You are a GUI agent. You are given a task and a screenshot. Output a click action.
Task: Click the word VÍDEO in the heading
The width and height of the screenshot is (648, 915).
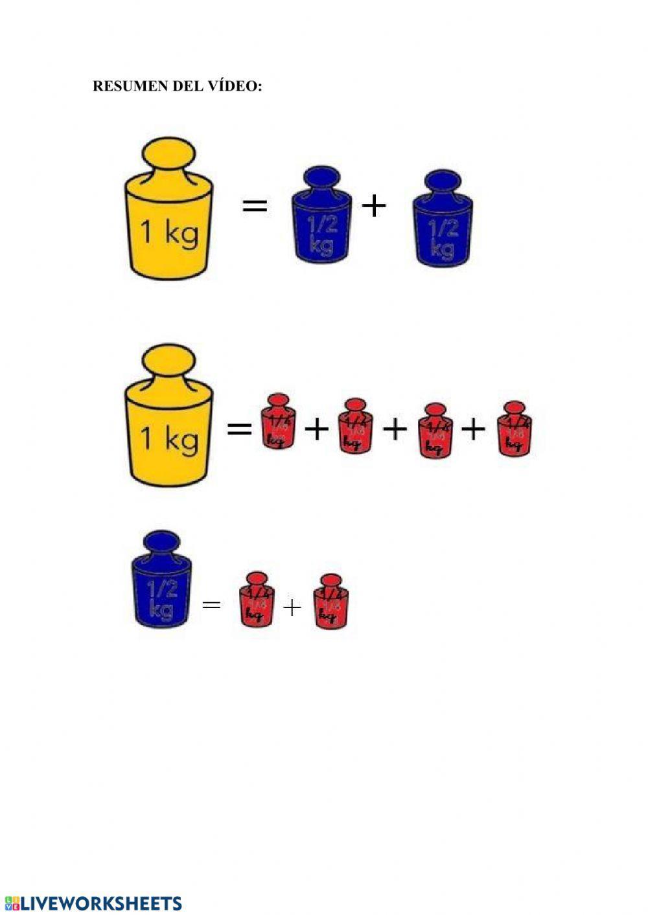point(236,86)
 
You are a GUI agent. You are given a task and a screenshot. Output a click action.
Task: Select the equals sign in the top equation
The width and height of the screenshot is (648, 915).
point(255,207)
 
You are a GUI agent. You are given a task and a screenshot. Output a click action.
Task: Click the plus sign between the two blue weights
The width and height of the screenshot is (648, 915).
point(374,206)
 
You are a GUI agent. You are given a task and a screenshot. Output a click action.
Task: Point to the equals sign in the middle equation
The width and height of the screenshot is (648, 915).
point(239,428)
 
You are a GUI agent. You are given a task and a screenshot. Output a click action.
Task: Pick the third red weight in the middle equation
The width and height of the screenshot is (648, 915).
point(435,431)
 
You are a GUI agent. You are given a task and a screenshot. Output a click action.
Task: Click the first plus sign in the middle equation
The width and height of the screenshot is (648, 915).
point(316,428)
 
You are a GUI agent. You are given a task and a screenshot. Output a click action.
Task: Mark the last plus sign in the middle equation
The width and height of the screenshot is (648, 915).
point(474,428)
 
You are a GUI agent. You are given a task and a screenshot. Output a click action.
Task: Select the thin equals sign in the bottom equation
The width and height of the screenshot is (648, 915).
point(211,605)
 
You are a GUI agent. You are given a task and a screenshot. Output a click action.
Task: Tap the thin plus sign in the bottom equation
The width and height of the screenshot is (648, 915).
point(292,607)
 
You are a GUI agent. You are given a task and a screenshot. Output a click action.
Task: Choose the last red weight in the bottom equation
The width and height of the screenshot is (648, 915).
point(330,602)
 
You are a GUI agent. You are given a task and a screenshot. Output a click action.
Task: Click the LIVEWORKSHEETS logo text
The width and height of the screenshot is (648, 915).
point(101,904)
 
